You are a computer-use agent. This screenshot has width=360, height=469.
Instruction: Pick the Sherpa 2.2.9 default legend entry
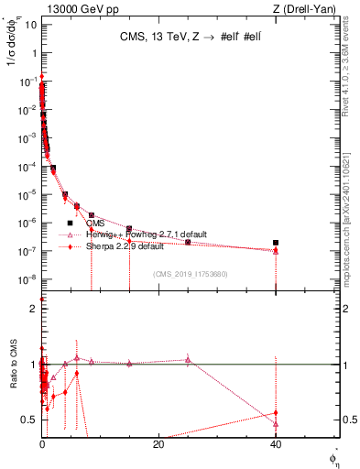click(x=125, y=246)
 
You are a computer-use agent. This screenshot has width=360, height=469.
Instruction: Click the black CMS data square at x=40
click(x=276, y=243)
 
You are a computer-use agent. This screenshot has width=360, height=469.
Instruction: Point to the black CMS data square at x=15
click(x=129, y=228)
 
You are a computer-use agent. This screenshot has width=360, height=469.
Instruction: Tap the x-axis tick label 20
click(x=158, y=444)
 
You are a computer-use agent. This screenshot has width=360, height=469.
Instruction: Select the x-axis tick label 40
click(x=276, y=444)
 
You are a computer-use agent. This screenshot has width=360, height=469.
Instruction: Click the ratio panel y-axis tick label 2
click(x=32, y=310)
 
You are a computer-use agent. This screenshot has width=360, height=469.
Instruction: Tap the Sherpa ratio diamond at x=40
click(x=276, y=413)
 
